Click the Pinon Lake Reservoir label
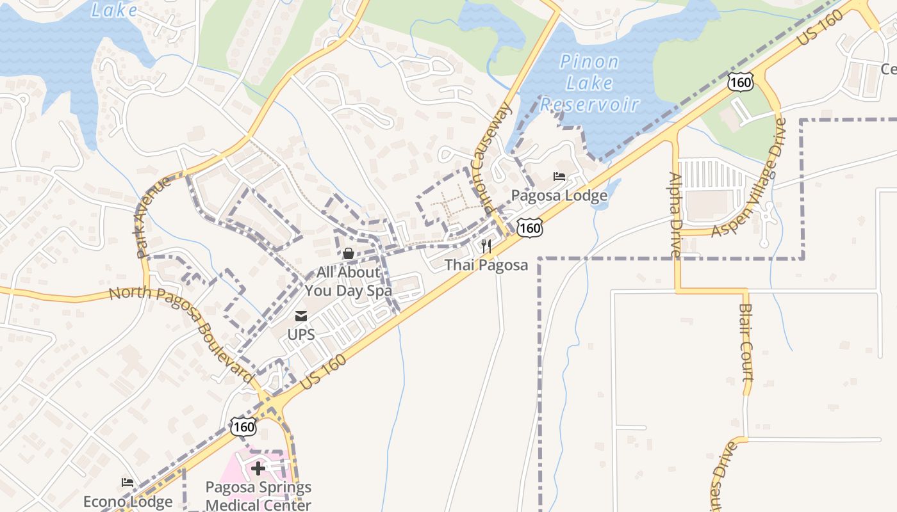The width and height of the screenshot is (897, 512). pos(589,83)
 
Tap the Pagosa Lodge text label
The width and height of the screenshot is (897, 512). pos(559,195)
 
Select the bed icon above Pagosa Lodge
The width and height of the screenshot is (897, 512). pos(559,177)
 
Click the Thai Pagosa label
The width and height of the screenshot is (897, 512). pos(486,265)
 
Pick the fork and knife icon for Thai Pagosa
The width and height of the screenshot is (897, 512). pos(487,246)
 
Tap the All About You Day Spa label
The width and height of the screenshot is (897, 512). pos(348,282)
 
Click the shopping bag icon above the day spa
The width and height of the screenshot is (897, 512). pos(349,254)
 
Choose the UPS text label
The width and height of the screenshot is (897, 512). pos(300,335)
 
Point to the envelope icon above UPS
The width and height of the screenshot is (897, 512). pos(300,316)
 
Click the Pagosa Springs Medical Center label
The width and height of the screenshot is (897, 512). pos(258,496)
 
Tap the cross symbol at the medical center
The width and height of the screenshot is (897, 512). pos(258,469)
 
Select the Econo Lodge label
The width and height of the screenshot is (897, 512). pos(128,502)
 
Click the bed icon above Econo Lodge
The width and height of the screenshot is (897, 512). pos(128,483)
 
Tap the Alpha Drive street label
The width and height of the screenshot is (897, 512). pos(675,214)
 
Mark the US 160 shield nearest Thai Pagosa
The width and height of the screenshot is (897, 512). pos(531,228)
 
